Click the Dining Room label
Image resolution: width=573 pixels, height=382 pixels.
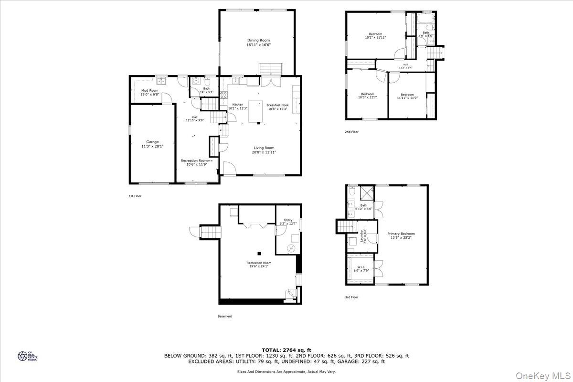258,40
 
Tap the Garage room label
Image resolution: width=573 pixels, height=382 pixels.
152,142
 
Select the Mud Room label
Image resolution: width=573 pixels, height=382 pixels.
149,90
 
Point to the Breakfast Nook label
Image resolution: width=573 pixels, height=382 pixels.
277,105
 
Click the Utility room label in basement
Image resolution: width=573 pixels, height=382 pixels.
288,220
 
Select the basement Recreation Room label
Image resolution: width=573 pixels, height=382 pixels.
259,263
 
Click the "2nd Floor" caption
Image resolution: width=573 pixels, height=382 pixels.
351,132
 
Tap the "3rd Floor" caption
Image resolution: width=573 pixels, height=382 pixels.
351,297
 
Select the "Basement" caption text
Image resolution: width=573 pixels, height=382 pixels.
224,316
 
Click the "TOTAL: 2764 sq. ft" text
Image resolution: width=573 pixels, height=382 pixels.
286,350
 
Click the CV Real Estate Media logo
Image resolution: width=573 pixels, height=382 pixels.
22,356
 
